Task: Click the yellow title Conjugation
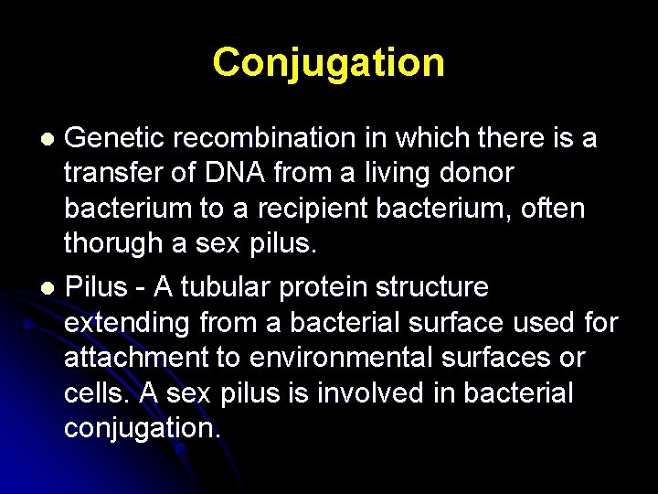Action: point(329,63)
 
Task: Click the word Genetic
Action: point(114,138)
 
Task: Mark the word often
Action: point(550,209)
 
